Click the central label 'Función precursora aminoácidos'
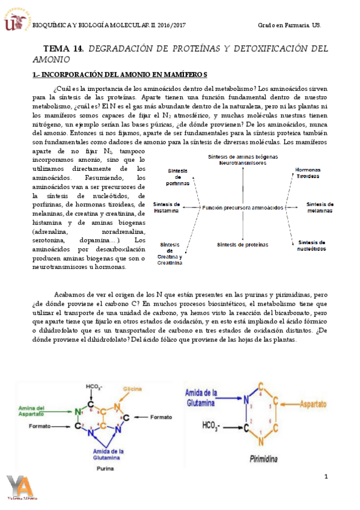point(243,207)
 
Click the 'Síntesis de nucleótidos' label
point(312,245)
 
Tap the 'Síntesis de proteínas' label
point(242,245)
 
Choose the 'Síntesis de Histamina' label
point(166,207)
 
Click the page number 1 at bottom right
point(326,477)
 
